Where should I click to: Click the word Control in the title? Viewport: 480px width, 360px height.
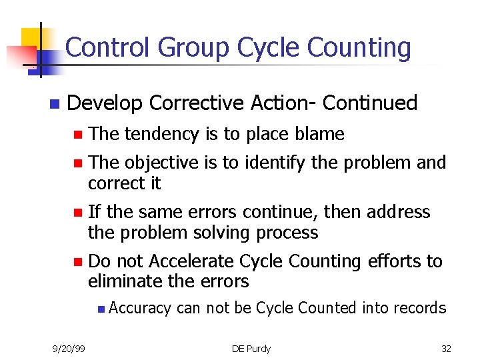coord(109,48)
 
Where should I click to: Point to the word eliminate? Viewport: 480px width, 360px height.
coord(127,281)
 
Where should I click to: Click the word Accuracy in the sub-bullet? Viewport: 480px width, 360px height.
coord(140,308)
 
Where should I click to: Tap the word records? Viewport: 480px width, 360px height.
coord(419,307)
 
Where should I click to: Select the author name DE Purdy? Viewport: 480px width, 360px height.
coord(251,349)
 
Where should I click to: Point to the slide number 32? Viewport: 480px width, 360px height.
coord(446,349)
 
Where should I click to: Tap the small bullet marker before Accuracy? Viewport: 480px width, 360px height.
coord(99,309)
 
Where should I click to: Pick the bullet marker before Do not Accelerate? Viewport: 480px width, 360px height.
coord(77,261)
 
